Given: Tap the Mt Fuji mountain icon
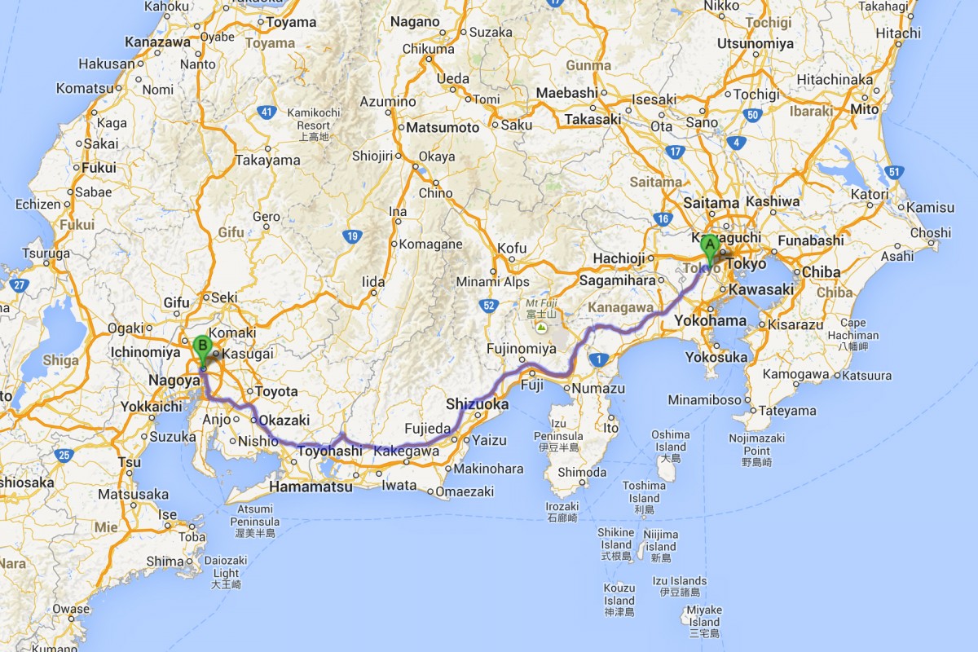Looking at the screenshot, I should click(x=540, y=327).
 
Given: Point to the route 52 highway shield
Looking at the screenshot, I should click(x=488, y=305).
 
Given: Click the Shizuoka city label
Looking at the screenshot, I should click(x=478, y=404).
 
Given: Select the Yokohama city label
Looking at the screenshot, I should click(x=710, y=320).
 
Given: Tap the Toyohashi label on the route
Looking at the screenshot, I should click(x=330, y=451).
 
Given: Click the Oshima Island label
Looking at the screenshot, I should click(x=671, y=440).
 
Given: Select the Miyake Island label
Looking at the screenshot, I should click(x=703, y=615).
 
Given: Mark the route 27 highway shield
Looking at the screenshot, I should click(x=20, y=285).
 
